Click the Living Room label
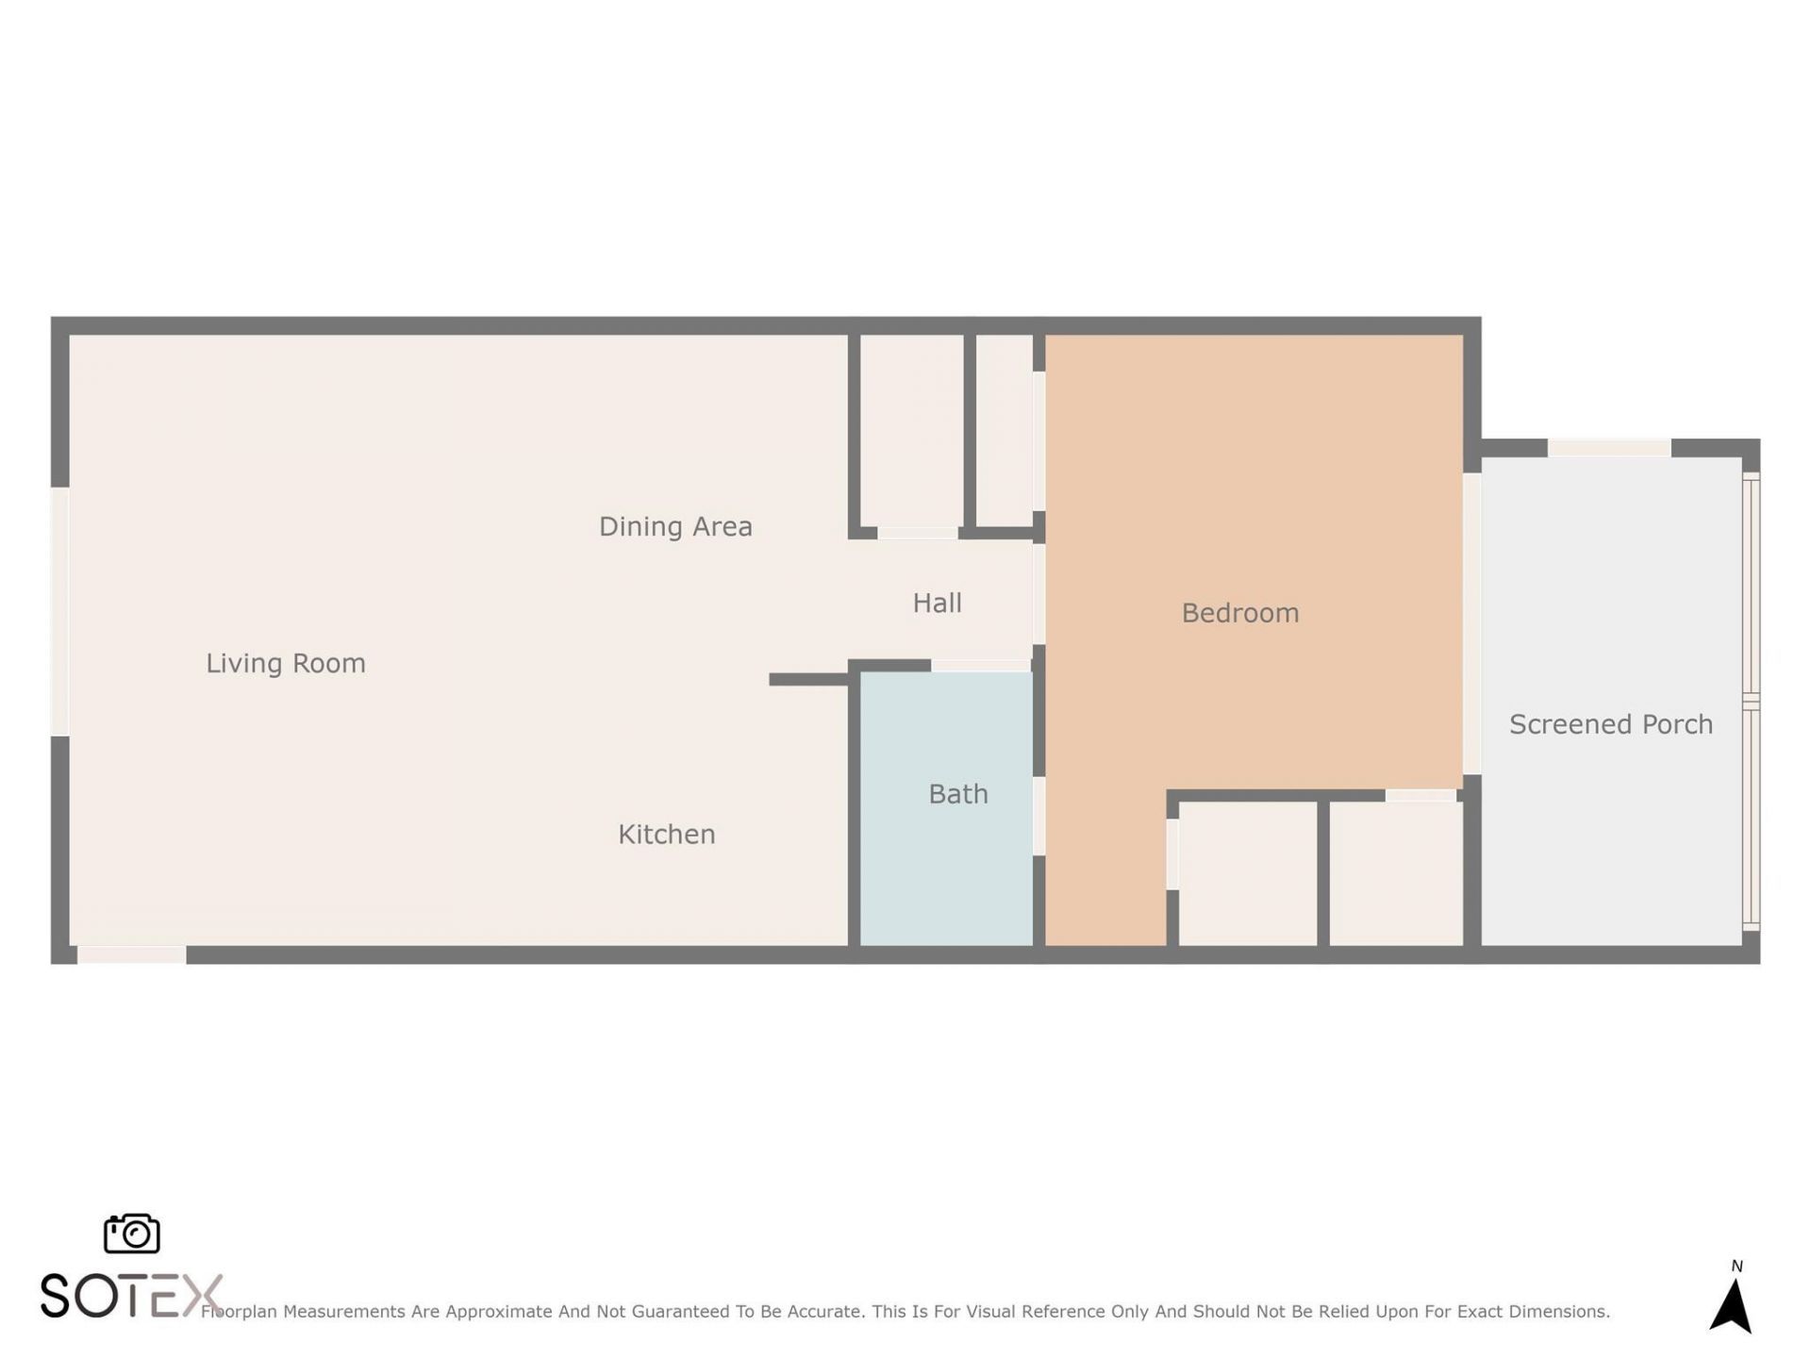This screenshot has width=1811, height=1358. tap(286, 664)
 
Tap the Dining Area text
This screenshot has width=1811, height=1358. tap(675, 526)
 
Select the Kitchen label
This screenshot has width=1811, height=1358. tap(666, 835)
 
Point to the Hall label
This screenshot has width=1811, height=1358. tap(937, 604)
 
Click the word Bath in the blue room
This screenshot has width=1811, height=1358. tap(957, 794)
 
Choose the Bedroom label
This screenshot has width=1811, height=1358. tap(1239, 613)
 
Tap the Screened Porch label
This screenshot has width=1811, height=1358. tap(1610, 724)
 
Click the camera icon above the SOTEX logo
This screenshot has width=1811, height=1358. tap(131, 1234)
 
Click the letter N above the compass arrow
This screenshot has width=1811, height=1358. tap(1736, 1267)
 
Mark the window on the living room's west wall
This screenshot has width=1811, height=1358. tap(59, 611)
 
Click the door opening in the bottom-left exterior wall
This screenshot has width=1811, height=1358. tap(131, 955)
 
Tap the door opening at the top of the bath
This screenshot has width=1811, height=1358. tap(980, 666)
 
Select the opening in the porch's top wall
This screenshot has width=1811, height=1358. tap(1609, 448)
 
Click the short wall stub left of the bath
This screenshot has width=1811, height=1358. tap(807, 680)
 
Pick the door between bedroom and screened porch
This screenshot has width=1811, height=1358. tap(1471, 623)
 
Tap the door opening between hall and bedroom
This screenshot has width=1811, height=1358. tap(1038, 594)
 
